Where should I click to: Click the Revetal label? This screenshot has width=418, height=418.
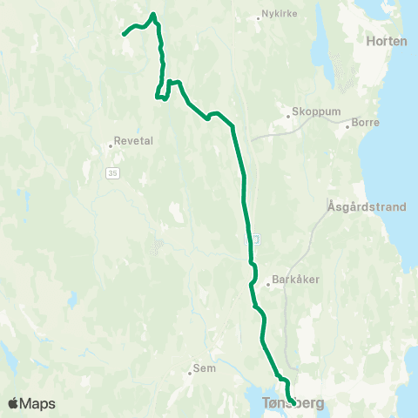[x=129, y=145]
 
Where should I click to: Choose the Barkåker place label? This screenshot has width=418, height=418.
[x=292, y=280]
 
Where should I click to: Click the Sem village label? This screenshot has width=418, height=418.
[x=204, y=368]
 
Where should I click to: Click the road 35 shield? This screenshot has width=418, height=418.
[x=112, y=174]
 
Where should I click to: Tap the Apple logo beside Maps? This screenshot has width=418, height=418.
[x=13, y=403]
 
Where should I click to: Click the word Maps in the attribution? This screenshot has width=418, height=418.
[x=38, y=403]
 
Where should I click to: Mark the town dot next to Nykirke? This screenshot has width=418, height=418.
[x=260, y=17]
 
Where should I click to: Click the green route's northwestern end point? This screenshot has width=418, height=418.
[x=124, y=35]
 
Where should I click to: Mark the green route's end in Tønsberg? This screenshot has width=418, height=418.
[x=293, y=401]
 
